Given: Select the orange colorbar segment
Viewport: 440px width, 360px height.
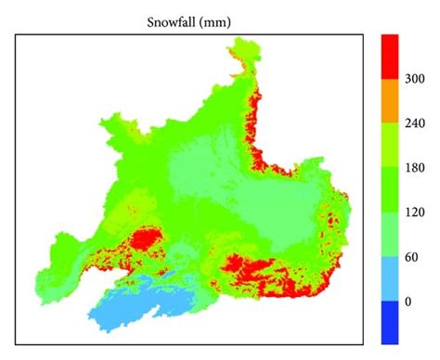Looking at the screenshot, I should click(x=389, y=103).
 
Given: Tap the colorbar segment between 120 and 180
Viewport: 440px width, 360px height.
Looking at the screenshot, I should click(x=389, y=191).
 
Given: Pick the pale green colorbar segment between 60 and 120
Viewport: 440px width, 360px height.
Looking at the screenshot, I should click(x=389, y=236).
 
